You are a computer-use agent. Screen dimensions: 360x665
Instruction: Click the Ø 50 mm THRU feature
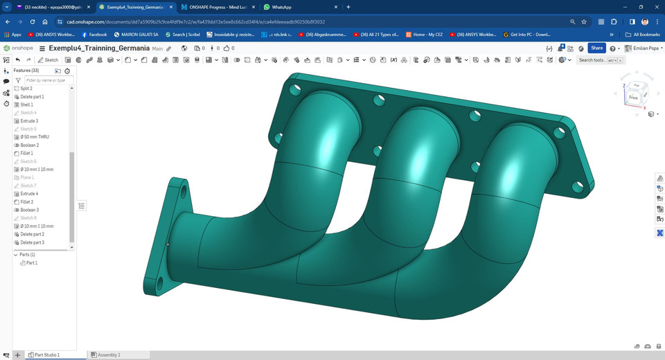click(35, 137)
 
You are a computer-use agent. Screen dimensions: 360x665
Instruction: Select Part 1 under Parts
click(32, 263)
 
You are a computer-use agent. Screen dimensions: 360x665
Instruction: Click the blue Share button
click(596, 48)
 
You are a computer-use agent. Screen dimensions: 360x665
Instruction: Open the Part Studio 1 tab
click(47, 354)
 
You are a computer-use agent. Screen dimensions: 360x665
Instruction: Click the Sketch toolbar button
click(48, 60)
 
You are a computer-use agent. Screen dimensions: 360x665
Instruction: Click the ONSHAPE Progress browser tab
click(216, 7)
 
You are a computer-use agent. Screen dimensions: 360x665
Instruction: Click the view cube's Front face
click(633, 98)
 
